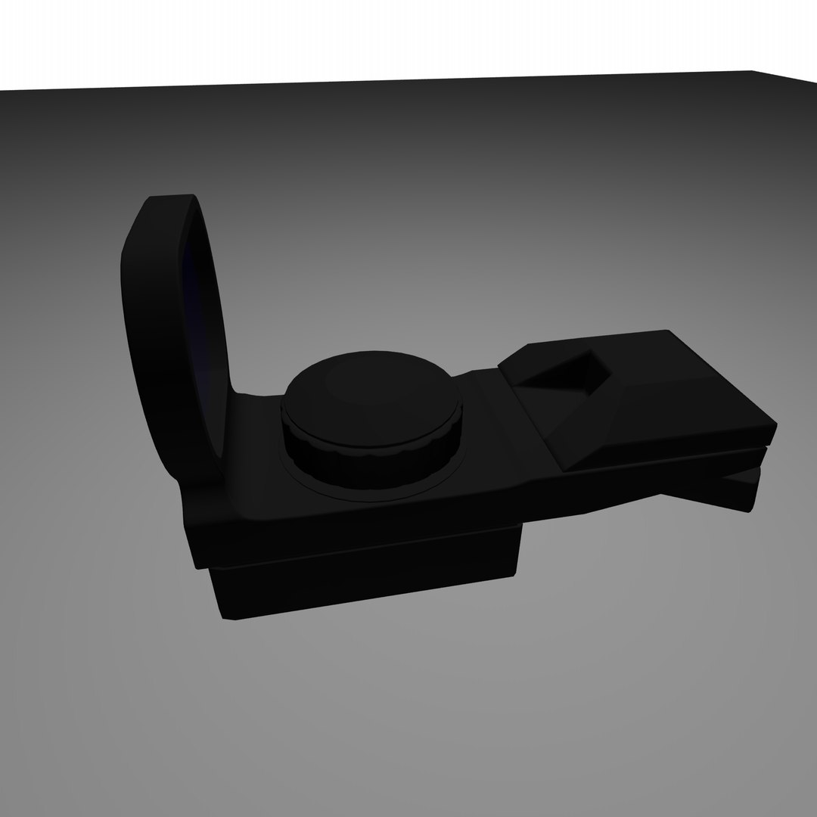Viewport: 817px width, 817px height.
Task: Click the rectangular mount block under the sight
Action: [x=363, y=579]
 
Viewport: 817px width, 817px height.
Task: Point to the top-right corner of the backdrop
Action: [x=753, y=73]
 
